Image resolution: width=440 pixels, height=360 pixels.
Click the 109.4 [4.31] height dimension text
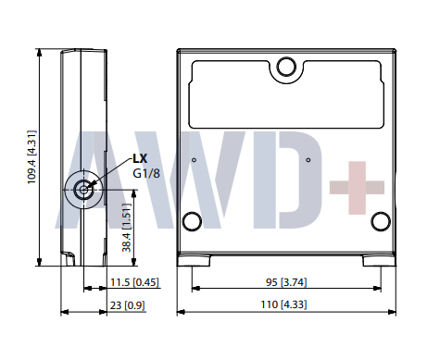click(x=32, y=157)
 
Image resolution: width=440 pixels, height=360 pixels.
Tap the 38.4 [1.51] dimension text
click(x=124, y=230)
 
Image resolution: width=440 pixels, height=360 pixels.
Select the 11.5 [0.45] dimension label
click(x=132, y=282)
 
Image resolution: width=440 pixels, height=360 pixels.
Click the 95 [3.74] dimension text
click(x=285, y=282)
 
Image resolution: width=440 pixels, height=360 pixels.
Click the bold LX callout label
click(x=140, y=158)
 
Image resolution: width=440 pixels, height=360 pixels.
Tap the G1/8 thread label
click(x=145, y=173)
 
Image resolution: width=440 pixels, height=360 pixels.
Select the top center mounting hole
click(x=286, y=67)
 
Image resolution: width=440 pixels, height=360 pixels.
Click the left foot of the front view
click(x=192, y=262)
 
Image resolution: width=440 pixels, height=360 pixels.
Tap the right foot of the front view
click(x=380, y=262)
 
